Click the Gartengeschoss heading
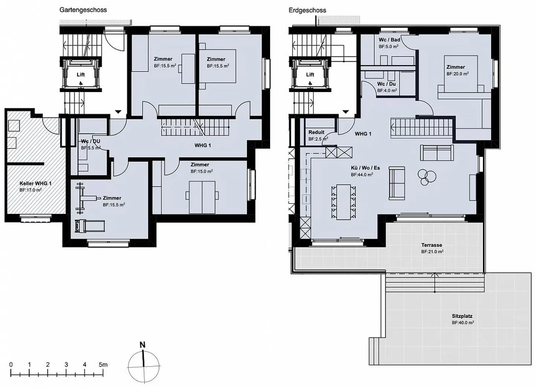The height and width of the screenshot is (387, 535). (x=83, y=10)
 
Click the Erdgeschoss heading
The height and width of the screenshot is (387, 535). (x=307, y=10)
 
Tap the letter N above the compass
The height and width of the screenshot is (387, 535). (x=143, y=345)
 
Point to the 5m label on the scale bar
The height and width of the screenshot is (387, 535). (x=103, y=365)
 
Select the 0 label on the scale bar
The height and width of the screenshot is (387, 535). (x=11, y=365)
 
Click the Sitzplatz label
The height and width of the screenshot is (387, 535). (x=462, y=316)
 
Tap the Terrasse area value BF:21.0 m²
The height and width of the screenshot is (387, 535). (x=432, y=252)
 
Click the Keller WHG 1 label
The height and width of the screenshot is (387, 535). (x=35, y=183)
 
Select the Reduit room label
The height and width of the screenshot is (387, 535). (x=316, y=132)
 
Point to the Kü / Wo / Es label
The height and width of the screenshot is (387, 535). (x=366, y=168)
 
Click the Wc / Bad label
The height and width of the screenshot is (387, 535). (x=389, y=40)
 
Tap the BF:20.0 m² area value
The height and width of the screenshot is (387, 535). (x=458, y=74)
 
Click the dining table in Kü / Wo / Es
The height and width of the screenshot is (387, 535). (x=343, y=202)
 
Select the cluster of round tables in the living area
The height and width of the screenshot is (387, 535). (x=427, y=177)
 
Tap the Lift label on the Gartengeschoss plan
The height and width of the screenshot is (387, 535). (x=81, y=75)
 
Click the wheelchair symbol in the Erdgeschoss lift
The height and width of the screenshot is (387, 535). (x=310, y=83)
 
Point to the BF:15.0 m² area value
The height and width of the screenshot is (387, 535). (x=202, y=171)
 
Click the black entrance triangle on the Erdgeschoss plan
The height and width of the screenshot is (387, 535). (x=346, y=112)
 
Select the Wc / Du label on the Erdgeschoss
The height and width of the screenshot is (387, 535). (x=386, y=84)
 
